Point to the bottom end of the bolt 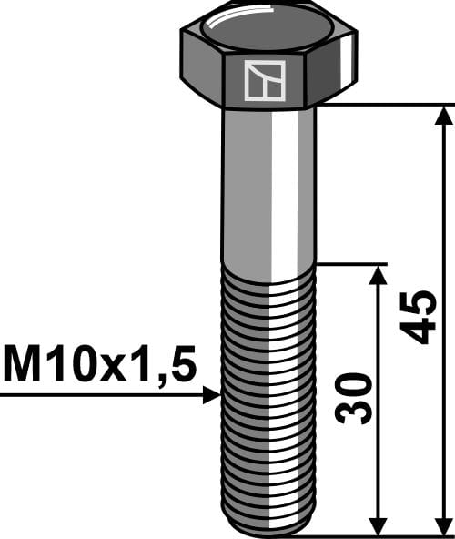tap(269, 531)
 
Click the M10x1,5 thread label tap(99, 365)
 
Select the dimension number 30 tap(355, 397)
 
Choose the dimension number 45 tap(420, 317)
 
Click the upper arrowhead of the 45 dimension tap(443, 115)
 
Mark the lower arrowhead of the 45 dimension tap(443, 525)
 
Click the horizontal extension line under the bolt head tap(382, 105)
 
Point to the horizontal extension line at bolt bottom tap(382, 535)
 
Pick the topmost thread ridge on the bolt tap(268, 270)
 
